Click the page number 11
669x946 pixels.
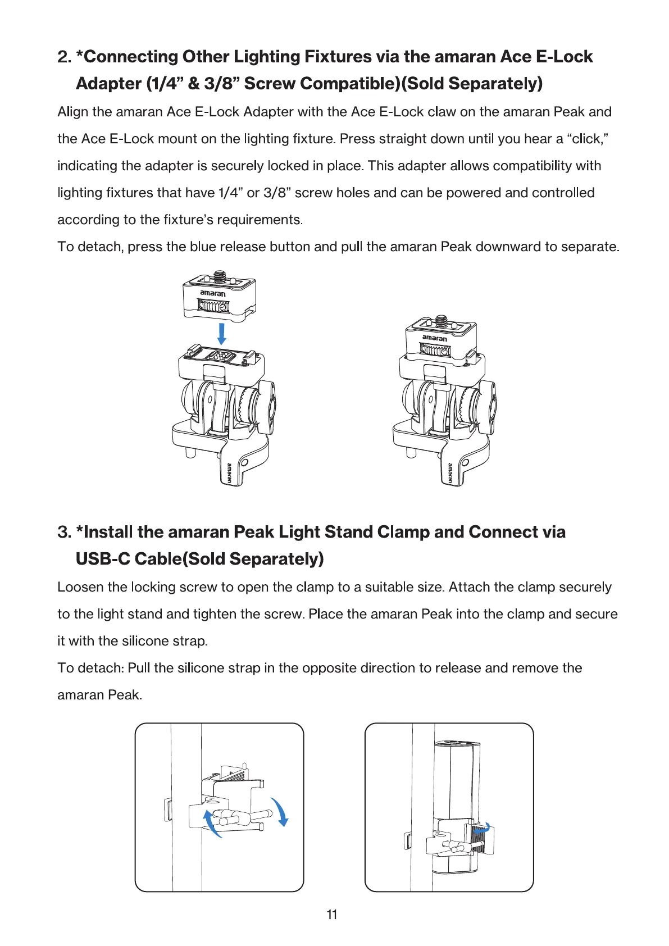click(x=332, y=915)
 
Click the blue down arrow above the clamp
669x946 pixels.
click(x=222, y=333)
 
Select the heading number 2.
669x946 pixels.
click(x=64, y=57)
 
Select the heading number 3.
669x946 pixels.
click(x=64, y=532)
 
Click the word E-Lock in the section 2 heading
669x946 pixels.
click(x=565, y=57)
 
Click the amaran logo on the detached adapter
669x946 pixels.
click(x=213, y=293)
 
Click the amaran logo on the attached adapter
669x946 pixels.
click(x=435, y=338)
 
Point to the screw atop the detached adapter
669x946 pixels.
click(x=220, y=276)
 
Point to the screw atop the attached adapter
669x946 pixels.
click(x=441, y=321)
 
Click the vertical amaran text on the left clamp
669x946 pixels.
click(x=229, y=473)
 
